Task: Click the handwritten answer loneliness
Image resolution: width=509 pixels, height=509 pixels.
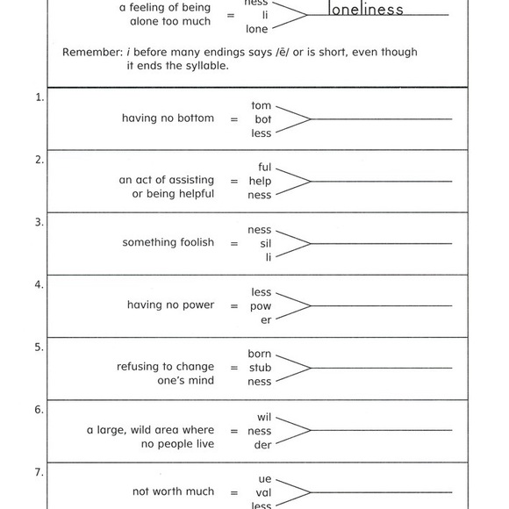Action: (x=366, y=10)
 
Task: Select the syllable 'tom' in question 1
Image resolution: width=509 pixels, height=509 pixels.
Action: (x=262, y=105)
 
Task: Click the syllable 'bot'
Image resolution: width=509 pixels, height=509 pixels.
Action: (x=262, y=119)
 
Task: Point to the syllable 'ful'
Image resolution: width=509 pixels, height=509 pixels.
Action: (x=265, y=167)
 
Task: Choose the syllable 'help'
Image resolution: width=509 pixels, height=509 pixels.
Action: (x=261, y=182)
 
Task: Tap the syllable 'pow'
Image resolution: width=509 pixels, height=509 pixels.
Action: (x=261, y=306)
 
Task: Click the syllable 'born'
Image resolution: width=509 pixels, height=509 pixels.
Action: (x=260, y=354)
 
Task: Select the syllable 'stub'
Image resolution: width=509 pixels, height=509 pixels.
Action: (x=260, y=368)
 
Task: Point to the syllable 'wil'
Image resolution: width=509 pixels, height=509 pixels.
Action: (x=264, y=416)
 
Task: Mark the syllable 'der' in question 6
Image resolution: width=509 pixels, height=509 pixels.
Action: (x=263, y=445)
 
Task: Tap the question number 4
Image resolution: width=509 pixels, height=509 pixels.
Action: (x=39, y=285)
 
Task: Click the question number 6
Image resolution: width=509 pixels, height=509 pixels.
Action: (x=39, y=410)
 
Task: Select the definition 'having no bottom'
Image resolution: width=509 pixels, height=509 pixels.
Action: (x=168, y=118)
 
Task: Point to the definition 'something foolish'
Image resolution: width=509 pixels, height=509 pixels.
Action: (x=168, y=243)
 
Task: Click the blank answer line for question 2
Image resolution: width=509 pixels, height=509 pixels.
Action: (x=382, y=181)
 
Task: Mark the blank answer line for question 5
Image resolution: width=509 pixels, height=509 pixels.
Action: (x=382, y=367)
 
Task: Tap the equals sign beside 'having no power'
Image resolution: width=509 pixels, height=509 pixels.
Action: (x=233, y=306)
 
